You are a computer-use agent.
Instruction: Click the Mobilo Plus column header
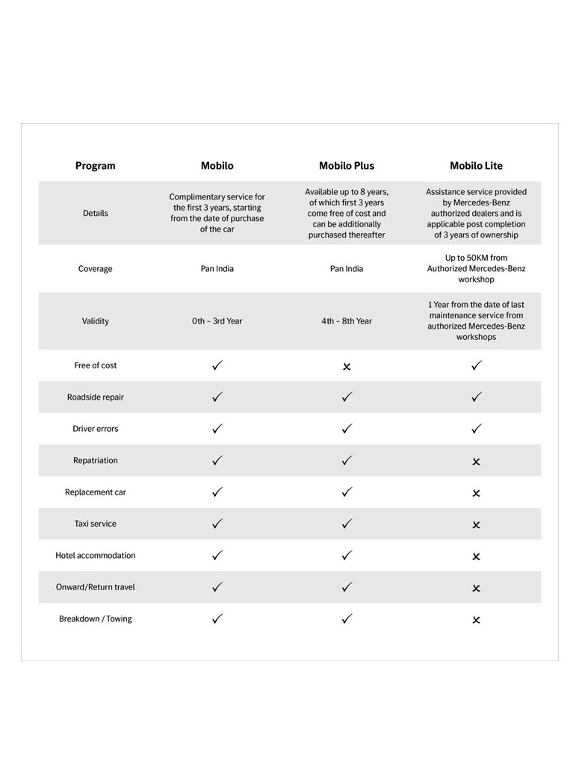(347, 166)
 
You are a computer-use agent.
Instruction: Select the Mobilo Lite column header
(476, 166)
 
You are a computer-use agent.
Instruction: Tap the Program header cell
(96, 166)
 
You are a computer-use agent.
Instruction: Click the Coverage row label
(96, 268)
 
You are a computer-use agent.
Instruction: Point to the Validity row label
(96, 321)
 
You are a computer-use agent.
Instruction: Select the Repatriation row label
(96, 460)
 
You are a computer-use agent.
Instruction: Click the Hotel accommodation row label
(96, 555)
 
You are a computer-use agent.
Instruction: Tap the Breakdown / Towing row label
(96, 619)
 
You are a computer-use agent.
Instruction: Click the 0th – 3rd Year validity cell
(217, 321)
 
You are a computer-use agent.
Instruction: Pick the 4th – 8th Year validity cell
(347, 321)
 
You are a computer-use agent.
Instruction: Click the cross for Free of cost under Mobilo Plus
(347, 367)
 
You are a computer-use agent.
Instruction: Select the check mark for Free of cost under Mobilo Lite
(477, 365)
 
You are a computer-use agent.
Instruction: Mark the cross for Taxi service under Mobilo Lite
(476, 525)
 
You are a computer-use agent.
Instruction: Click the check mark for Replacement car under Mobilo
(217, 492)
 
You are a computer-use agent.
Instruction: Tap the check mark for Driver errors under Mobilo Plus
(347, 429)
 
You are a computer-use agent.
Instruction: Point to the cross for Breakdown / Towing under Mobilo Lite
(476, 620)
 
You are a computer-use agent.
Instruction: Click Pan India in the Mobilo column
(217, 268)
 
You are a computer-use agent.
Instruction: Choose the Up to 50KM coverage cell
(476, 268)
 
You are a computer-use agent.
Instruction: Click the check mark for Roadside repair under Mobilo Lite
(477, 397)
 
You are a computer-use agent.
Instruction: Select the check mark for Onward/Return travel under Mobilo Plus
(347, 587)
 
